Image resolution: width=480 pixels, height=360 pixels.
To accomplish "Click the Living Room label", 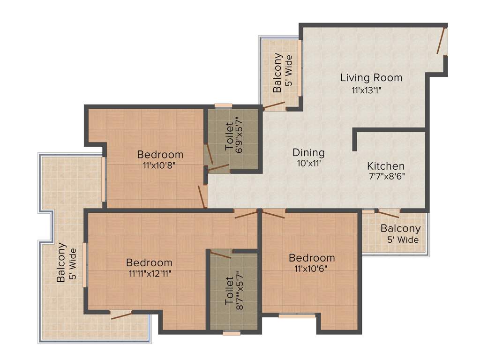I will pos(371,77).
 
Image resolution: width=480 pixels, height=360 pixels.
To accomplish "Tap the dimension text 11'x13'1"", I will pos(370,90).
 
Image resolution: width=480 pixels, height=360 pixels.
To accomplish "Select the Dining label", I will pos(308,152).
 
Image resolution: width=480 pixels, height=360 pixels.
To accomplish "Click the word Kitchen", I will pos(386,166).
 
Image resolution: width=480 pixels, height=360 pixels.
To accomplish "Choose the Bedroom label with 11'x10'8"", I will pos(160,154).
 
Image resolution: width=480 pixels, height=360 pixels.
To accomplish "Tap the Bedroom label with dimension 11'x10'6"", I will pos(312,257).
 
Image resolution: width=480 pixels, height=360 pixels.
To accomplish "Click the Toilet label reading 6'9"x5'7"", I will pos(229,136).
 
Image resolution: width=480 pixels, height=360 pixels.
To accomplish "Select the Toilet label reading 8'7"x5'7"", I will pos(230,291).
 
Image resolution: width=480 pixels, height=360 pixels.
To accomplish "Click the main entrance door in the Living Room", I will pos(441,41).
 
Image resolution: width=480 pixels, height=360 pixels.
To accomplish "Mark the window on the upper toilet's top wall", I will pos(223,106).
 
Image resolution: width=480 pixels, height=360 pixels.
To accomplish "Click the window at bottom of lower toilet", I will pos(232,333).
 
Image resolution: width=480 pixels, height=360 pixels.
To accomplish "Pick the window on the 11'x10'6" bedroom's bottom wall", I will pos(291,316).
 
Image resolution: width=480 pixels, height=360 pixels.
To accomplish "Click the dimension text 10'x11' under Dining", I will pos(308,164).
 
